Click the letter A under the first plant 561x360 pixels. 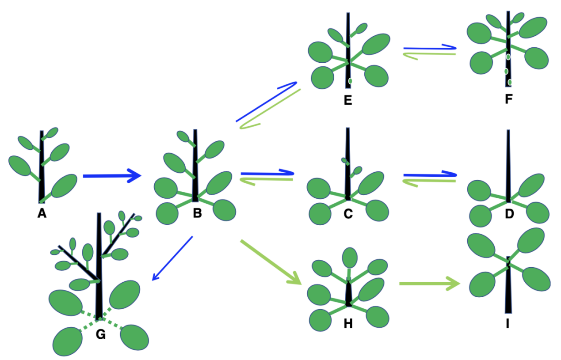tap(42, 214)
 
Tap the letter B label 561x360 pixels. tap(197, 214)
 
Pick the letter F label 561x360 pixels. tap(508, 99)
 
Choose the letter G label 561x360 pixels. tap(101, 335)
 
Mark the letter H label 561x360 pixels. tap(348, 324)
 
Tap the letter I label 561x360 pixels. tap(508, 324)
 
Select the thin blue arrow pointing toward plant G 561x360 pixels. tap(172, 258)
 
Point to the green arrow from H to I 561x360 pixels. tap(429, 283)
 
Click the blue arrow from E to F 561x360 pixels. tap(429, 47)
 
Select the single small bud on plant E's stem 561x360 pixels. tap(350, 81)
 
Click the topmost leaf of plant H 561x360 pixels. tap(350, 258)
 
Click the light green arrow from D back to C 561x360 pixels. tap(429, 181)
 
